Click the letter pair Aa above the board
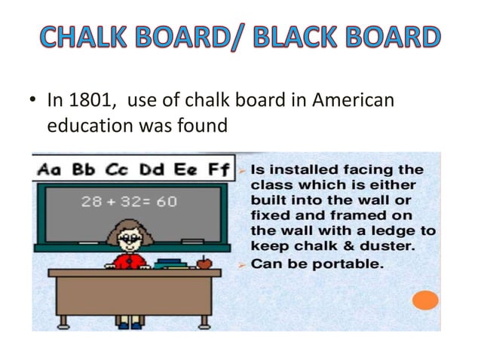click(x=50, y=169)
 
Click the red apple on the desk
click(x=202, y=263)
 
